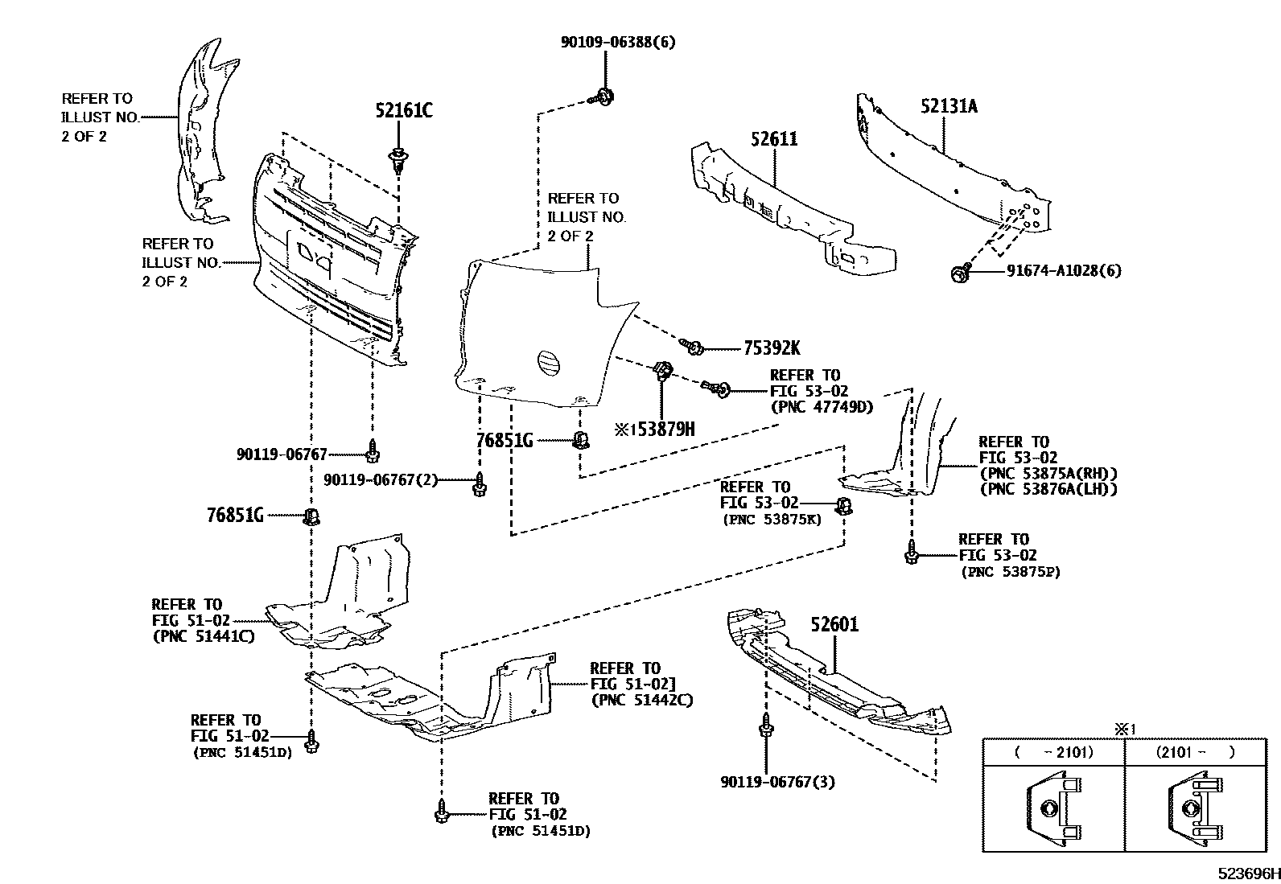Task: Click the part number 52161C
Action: tap(403, 110)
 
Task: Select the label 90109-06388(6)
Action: tap(618, 42)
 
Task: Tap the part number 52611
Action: tap(774, 138)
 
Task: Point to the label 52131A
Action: tap(949, 105)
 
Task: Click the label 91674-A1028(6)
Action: tap(1063, 270)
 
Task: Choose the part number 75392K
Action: tap(772, 348)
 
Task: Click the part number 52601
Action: tap(834, 624)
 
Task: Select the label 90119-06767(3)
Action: tap(778, 781)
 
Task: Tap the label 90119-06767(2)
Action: tap(381, 480)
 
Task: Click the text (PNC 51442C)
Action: tap(641, 700)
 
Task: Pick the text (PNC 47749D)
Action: tap(822, 407)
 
